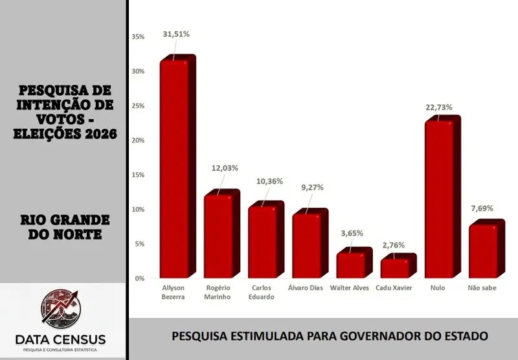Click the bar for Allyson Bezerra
(x=175, y=168)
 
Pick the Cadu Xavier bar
(x=394, y=268)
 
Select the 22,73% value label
(x=439, y=107)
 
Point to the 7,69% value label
(x=482, y=208)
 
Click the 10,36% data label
(x=265, y=181)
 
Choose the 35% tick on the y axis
(x=138, y=37)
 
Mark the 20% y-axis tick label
(x=138, y=141)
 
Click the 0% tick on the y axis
(x=139, y=278)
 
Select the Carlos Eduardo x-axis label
(x=262, y=292)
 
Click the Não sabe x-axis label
(x=483, y=287)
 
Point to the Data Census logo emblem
(x=63, y=310)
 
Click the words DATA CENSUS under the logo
(x=60, y=340)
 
